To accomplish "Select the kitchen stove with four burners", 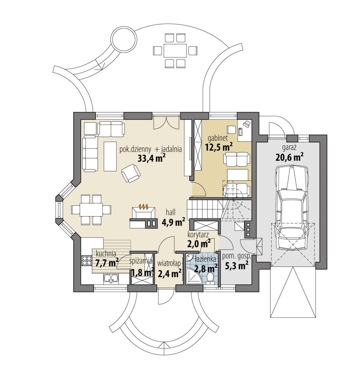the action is tap(87, 260).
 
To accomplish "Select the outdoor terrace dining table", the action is tap(175, 50).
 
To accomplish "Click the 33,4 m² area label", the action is tap(151, 158).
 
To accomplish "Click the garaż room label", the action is tap(289, 148).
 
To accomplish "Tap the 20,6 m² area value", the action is tap(289, 157).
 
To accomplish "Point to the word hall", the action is tap(171, 212).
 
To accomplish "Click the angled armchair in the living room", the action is tap(131, 173).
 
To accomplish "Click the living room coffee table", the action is tap(110, 156).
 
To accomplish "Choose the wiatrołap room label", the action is tap(169, 264).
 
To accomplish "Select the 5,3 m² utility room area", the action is tap(236, 266).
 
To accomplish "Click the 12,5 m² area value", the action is tap(219, 147).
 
